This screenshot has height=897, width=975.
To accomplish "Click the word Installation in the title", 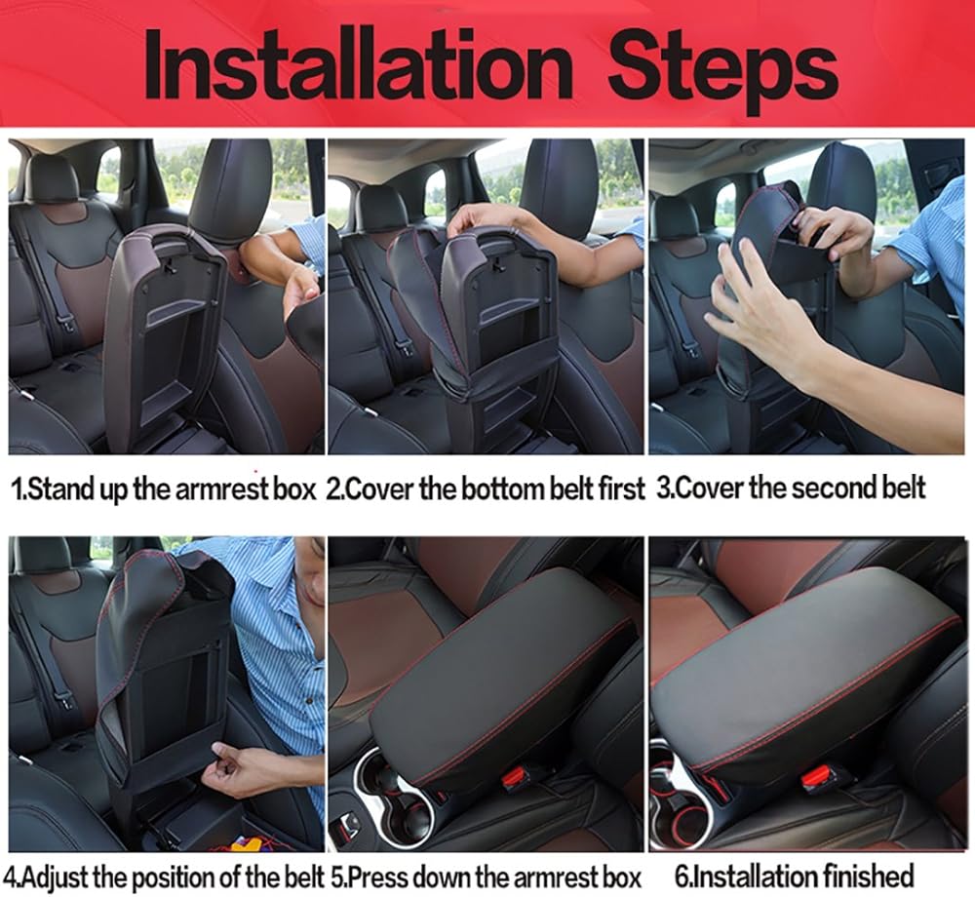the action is pos(359,66).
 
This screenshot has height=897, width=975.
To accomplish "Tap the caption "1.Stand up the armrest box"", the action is pos(164,488).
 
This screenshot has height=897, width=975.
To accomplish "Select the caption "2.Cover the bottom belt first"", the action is pos(486,488).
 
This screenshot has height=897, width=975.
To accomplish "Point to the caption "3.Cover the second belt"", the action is pos(791,487).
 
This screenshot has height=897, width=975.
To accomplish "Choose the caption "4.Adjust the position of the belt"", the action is pos(168,877).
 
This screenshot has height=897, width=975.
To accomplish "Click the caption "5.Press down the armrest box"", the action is pos(486,877).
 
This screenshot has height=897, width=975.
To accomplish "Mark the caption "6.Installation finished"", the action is pos(794,877).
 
